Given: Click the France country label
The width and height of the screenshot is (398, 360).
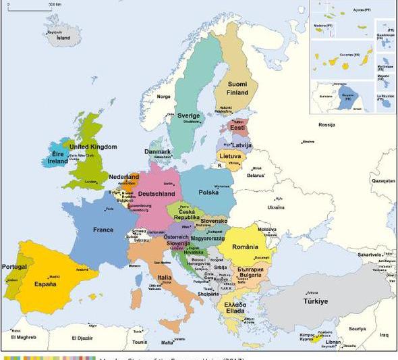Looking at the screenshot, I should (103, 230).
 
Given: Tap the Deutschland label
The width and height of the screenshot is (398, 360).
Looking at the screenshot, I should (157, 195).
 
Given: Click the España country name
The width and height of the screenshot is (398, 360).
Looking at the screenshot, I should (45, 284).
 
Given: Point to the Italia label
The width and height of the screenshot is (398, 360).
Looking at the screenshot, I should (164, 278).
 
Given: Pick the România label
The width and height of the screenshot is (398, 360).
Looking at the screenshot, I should (246, 247).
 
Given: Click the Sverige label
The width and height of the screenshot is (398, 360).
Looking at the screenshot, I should (189, 115).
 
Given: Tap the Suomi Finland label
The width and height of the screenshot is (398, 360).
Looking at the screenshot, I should (237, 88).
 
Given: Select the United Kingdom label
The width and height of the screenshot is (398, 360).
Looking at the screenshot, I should (93, 147).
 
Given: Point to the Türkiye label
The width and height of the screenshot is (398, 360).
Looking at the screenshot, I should (316, 301).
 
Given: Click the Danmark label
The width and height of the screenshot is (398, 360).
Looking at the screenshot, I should (157, 152).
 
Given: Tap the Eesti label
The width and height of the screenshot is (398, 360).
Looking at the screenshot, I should (237, 127).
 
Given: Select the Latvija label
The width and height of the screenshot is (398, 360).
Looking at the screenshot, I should (241, 145).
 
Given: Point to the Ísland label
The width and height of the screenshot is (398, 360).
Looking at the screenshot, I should (63, 38).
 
